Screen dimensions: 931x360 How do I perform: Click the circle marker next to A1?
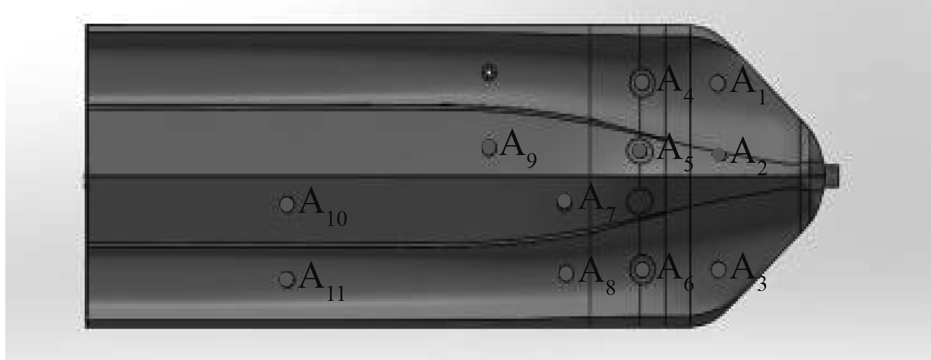point(717,83)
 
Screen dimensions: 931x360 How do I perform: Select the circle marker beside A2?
point(719,154)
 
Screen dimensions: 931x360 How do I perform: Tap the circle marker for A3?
point(719,270)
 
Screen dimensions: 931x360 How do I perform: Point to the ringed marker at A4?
point(642,82)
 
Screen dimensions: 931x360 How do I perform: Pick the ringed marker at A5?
point(640,150)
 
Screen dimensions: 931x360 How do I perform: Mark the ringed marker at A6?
point(643,269)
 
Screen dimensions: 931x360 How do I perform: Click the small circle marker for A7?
point(564,201)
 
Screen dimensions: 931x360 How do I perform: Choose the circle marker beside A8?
point(566,273)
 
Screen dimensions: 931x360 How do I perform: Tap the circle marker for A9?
point(489,146)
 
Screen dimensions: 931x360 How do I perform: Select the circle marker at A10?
point(286,204)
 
